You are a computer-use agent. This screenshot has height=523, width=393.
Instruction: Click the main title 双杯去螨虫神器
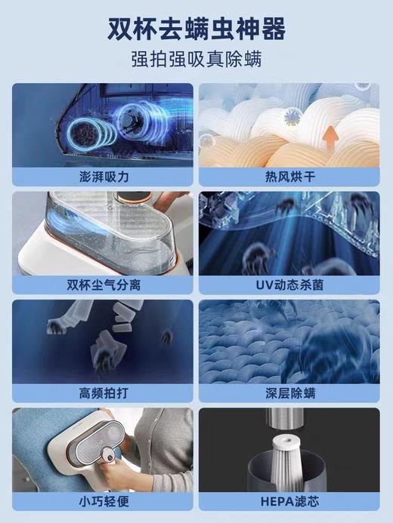(196, 29)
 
